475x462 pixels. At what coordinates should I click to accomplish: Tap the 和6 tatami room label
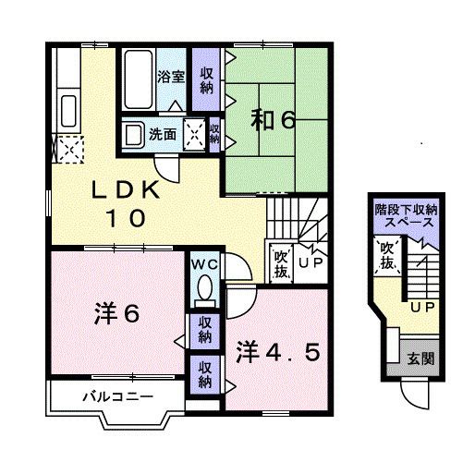[x=273, y=120]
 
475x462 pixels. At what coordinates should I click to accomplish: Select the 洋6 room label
[x=116, y=314]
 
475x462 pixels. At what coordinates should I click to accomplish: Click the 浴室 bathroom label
[x=171, y=78]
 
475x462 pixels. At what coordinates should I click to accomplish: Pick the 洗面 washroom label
[x=164, y=133]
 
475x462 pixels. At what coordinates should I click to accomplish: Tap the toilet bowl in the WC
[x=204, y=290]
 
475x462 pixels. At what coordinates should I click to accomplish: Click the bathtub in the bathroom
[x=140, y=79]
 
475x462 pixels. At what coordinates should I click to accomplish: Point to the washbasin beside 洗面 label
[x=134, y=133]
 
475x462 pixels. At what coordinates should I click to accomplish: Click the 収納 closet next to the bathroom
[x=203, y=78]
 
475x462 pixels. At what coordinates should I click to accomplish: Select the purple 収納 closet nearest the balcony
[x=203, y=374]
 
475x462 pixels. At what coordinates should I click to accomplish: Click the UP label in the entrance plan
[x=422, y=306]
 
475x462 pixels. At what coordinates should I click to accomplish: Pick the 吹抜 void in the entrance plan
[x=387, y=257]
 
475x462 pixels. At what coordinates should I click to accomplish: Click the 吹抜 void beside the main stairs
[x=280, y=261]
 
